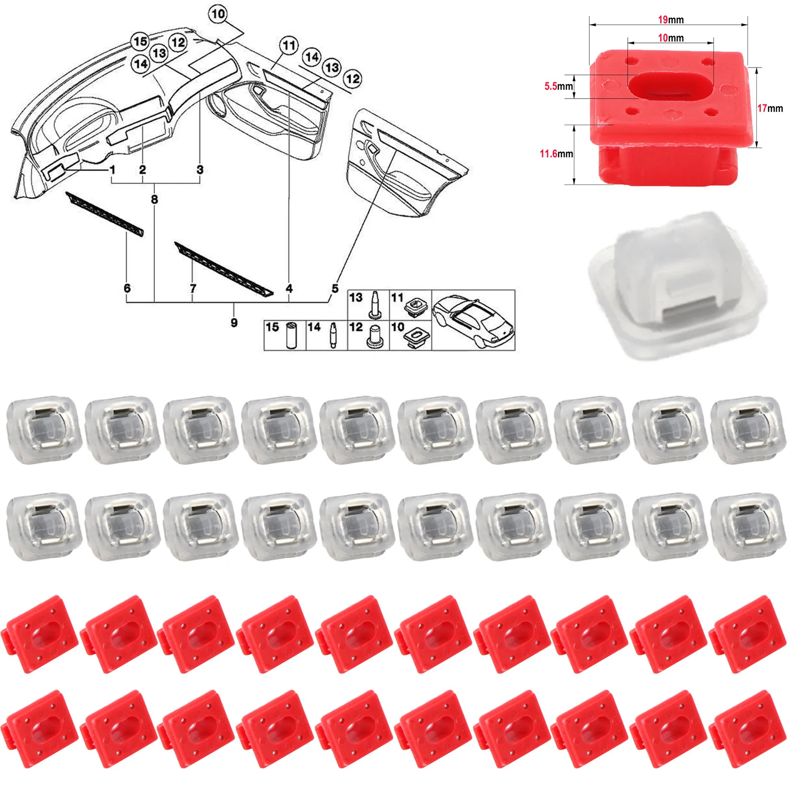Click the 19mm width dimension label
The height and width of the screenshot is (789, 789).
tap(671, 20)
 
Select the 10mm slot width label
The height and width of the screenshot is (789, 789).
tap(671, 38)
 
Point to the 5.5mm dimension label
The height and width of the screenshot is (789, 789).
tap(558, 86)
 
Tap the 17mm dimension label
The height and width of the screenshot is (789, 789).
tap(770, 108)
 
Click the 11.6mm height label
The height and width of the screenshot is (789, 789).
tap(556, 154)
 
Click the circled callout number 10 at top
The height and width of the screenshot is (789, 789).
tap(218, 14)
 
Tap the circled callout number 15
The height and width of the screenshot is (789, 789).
tap(140, 41)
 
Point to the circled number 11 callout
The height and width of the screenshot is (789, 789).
tap(289, 46)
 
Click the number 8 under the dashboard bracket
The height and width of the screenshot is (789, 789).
tap(154, 199)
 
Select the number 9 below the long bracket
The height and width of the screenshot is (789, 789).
tap(234, 323)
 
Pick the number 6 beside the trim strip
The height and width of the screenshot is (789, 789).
tap(127, 288)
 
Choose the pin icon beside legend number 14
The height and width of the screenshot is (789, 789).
tap(334, 335)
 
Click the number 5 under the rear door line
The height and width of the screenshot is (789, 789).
tap(335, 288)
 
